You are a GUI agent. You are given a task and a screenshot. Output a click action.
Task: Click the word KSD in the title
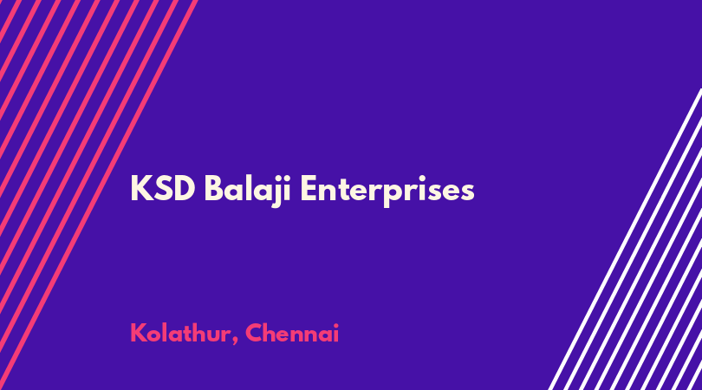[163, 189]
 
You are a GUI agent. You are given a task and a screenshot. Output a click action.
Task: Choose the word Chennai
[292, 333]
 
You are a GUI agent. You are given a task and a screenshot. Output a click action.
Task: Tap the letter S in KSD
[163, 189]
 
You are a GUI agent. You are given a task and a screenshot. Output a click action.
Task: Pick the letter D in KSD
[185, 189]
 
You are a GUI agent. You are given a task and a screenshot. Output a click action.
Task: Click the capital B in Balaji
[214, 189]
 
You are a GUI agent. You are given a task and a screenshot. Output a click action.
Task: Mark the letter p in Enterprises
[393, 194]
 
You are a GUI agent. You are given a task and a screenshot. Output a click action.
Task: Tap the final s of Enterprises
[466, 192]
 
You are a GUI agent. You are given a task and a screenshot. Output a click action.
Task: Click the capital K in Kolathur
[138, 333]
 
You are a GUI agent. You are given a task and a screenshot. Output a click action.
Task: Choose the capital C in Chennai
[254, 333]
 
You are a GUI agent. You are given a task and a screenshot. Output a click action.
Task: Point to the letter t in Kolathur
[190, 334]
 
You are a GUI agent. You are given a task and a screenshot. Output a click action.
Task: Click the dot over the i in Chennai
[335, 325]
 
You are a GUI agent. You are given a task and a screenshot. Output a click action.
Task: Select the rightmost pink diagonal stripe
[99, 195]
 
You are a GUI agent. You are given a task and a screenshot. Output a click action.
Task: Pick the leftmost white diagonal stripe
[625, 239]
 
